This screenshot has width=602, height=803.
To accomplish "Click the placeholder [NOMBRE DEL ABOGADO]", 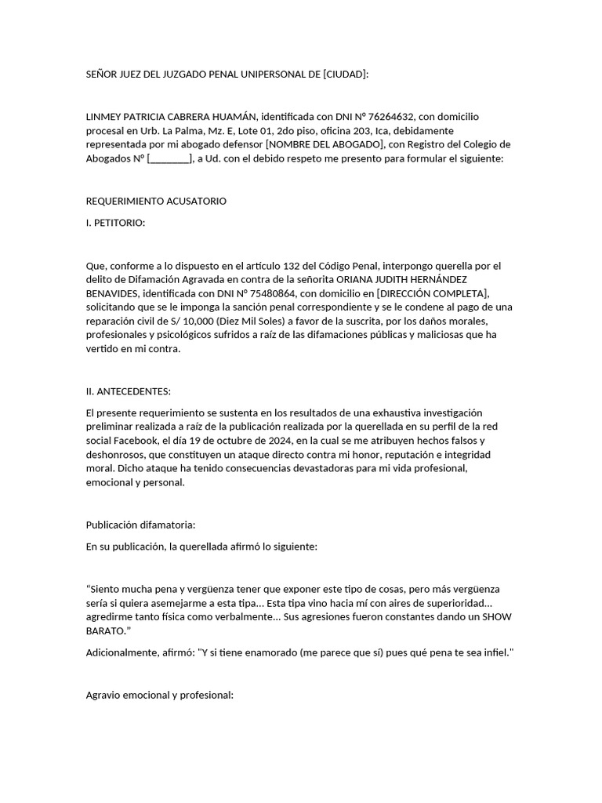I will [325, 144].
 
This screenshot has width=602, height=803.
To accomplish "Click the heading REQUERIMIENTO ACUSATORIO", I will [156, 201].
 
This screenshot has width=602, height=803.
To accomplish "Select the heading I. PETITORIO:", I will [115, 222].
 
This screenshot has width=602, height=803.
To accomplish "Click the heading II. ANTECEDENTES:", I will [128, 391].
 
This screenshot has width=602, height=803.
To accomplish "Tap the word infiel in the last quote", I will [493, 652].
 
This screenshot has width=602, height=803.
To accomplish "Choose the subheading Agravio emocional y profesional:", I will [159, 695].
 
